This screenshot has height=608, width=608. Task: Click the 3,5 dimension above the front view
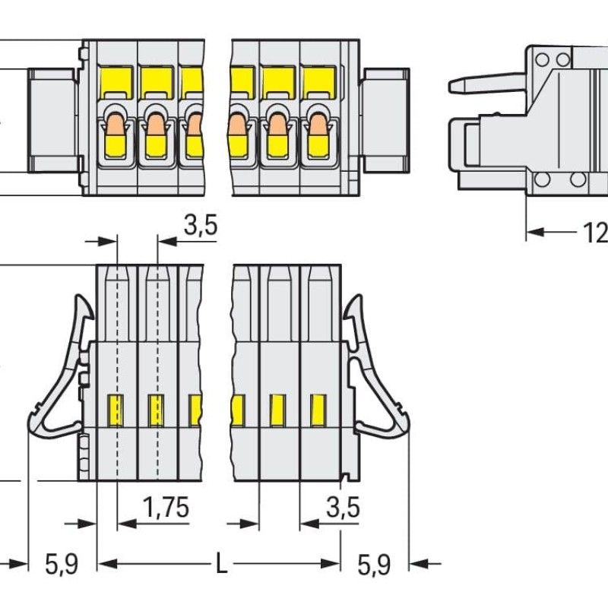click(200, 225)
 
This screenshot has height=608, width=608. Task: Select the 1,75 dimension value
click(166, 507)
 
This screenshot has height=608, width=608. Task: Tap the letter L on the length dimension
click(220, 564)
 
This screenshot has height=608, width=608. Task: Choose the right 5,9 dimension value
click(373, 564)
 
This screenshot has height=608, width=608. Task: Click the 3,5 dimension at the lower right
click(342, 507)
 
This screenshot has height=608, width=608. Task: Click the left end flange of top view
click(53, 120)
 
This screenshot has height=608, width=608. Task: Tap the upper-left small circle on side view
click(541, 59)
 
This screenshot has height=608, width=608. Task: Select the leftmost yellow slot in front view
click(116, 410)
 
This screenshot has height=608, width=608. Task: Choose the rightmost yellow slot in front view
click(317, 410)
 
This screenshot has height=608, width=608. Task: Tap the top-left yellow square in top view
click(116, 79)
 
